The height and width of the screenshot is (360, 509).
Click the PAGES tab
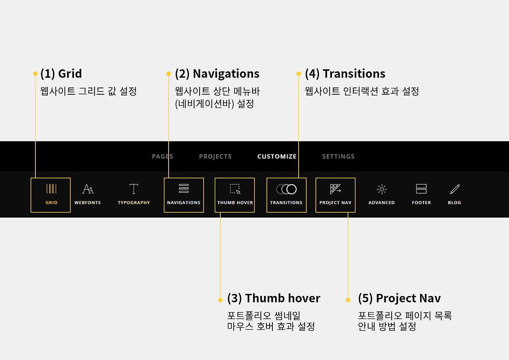pyautogui.click(x=162, y=156)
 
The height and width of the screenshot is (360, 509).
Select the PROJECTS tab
pyautogui.click(x=215, y=156)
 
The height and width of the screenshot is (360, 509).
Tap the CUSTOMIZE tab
pyautogui.click(x=277, y=156)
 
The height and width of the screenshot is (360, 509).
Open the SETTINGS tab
pyautogui.click(x=338, y=156)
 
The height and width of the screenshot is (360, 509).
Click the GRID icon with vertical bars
pyautogui.click(x=51, y=189)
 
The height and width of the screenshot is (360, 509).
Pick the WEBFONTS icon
pyautogui.click(x=87, y=189)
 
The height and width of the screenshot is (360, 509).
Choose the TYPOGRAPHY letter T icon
pyautogui.click(x=134, y=189)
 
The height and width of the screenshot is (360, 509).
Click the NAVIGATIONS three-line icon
pyautogui.click(x=184, y=189)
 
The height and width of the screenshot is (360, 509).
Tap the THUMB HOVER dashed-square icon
pyautogui.click(x=235, y=189)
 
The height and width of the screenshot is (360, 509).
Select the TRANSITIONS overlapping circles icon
pyautogui.click(x=286, y=189)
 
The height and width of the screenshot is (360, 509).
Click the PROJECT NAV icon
pyautogui.click(x=335, y=189)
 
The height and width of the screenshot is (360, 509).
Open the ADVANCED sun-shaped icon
pyautogui.click(x=381, y=189)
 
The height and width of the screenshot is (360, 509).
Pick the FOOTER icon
pyautogui.click(x=421, y=189)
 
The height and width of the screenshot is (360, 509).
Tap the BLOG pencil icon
pyautogui.click(x=455, y=189)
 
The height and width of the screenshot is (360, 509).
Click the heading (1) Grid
pyautogui.click(x=61, y=74)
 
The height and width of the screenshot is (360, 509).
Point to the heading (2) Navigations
pyautogui.click(x=217, y=74)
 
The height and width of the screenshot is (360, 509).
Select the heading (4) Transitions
pyautogui.click(x=345, y=74)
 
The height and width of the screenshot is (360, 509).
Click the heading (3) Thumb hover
pyautogui.click(x=274, y=298)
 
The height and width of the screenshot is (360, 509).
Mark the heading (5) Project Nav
pyautogui.click(x=399, y=298)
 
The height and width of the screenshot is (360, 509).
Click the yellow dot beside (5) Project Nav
pyautogui.click(x=348, y=300)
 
